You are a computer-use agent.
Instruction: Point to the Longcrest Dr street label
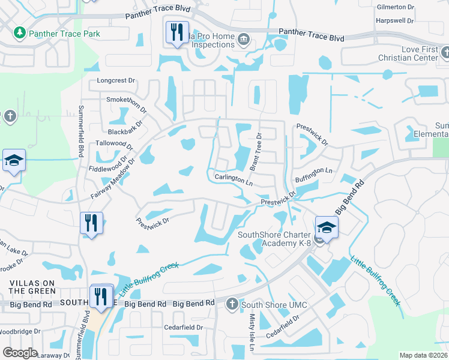(118, 81)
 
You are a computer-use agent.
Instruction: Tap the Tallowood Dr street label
(114, 144)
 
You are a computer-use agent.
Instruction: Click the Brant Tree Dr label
(255, 151)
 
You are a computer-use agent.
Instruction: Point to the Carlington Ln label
(234, 179)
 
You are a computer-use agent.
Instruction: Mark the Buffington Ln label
(312, 171)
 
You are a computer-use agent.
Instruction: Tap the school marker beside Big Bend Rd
(327, 227)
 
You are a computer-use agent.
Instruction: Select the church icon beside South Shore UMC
(232, 304)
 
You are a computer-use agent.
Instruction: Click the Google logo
(20, 352)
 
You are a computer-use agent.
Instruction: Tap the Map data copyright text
(423, 355)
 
